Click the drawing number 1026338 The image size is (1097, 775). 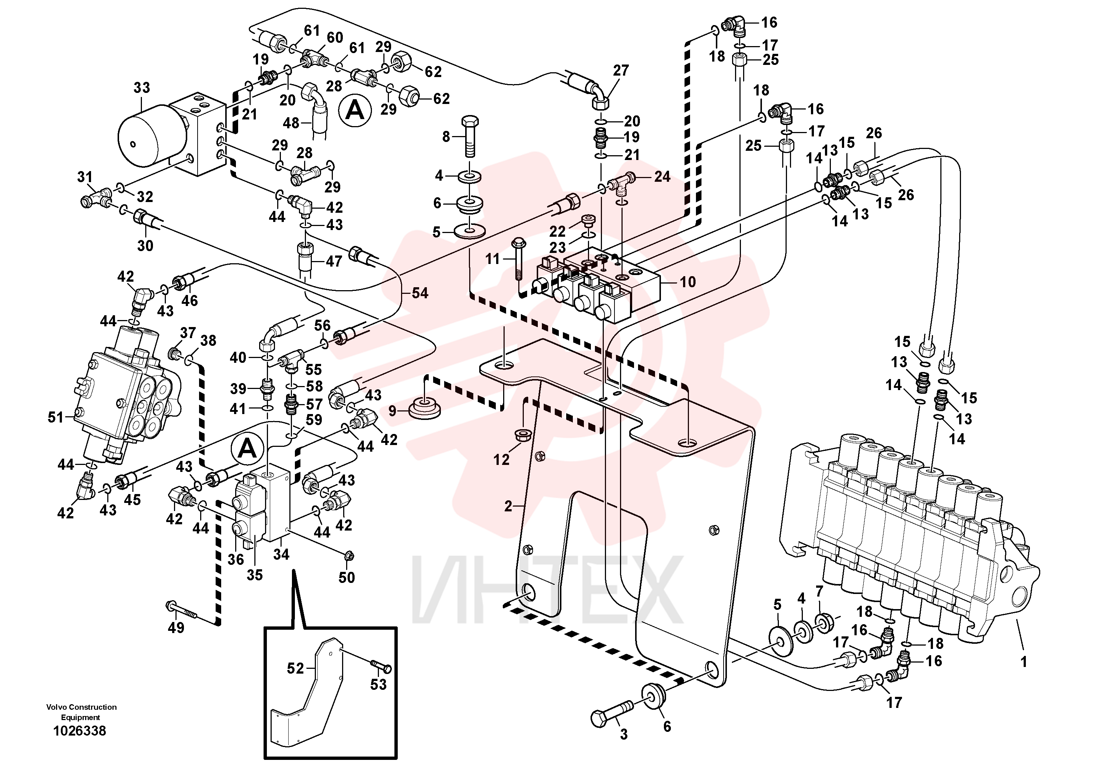tap(80, 731)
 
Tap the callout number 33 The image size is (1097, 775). tap(142, 87)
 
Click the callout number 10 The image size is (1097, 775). tap(687, 282)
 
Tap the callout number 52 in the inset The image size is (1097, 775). tap(295, 668)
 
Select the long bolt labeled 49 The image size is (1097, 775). tap(182, 610)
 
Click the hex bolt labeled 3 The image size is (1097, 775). tap(612, 712)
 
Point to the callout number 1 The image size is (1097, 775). tap(1023, 662)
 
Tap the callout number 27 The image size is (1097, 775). tap(621, 70)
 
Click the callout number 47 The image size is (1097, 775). tap(334, 261)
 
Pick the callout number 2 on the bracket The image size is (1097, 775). tap(508, 505)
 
